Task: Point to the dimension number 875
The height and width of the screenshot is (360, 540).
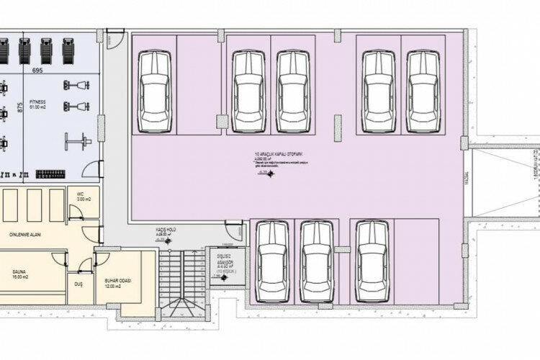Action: click(x=21, y=108)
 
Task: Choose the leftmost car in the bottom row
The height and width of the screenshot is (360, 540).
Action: click(x=273, y=262)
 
